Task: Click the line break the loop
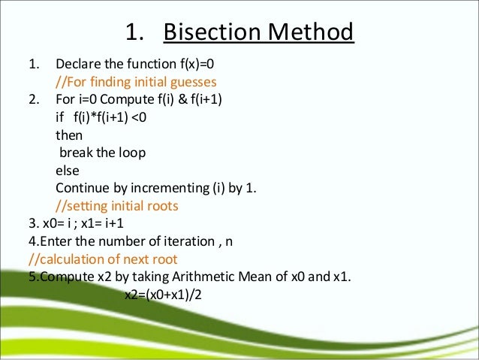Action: [x=102, y=152]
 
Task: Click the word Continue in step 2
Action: [x=80, y=187]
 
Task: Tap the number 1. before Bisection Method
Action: [x=133, y=33]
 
